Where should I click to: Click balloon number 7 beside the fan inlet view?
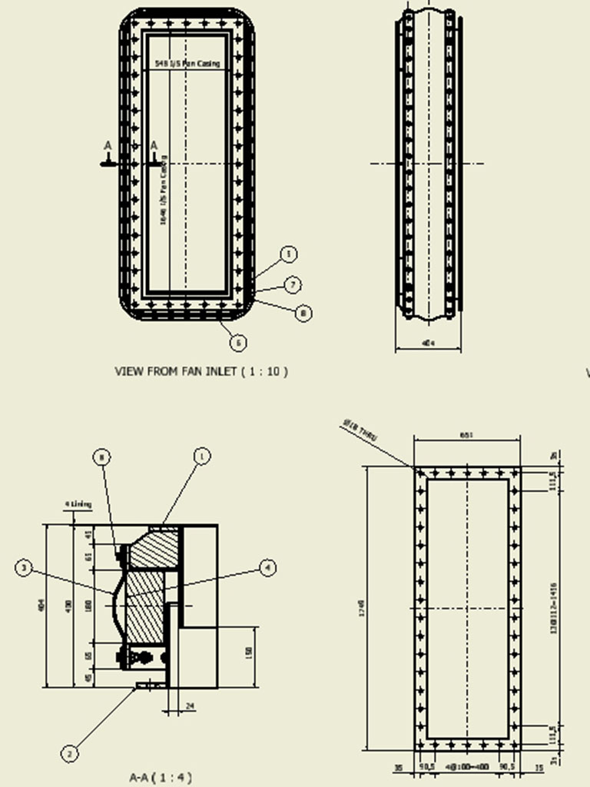tap(292, 285)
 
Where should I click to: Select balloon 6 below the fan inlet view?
tap(239, 343)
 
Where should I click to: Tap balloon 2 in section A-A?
tap(69, 754)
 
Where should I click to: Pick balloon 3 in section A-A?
tap(25, 568)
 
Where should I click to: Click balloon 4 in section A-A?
tap(267, 568)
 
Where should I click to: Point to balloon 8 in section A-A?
tap(102, 457)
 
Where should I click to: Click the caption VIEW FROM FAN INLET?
tap(201, 371)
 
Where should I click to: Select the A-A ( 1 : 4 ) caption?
tap(160, 777)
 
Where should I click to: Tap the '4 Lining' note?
tap(78, 504)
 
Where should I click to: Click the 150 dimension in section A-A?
tap(248, 652)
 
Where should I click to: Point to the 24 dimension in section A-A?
tap(190, 706)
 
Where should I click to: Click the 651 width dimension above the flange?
tap(466, 435)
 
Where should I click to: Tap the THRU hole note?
tap(360, 432)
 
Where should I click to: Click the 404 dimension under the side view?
tap(429, 343)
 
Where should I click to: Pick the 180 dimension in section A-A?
tap(87, 606)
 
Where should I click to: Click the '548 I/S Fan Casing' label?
tap(188, 64)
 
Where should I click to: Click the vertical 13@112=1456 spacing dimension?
tap(553, 607)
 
